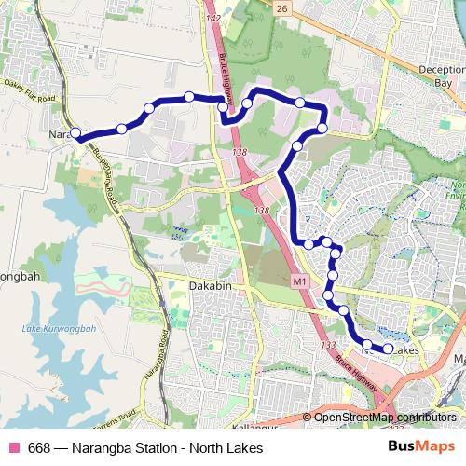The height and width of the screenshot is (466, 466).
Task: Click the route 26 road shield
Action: [x=281, y=7]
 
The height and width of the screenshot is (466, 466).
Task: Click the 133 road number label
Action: [x=329, y=346]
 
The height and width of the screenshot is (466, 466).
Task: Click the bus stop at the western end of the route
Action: [x=75, y=134]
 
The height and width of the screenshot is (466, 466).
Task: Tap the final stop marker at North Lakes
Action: [x=388, y=349]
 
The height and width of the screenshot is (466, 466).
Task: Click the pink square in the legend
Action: [x=13, y=448]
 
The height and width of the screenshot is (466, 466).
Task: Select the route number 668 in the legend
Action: [x=40, y=448]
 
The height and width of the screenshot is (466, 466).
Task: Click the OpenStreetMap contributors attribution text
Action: [x=384, y=417]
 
